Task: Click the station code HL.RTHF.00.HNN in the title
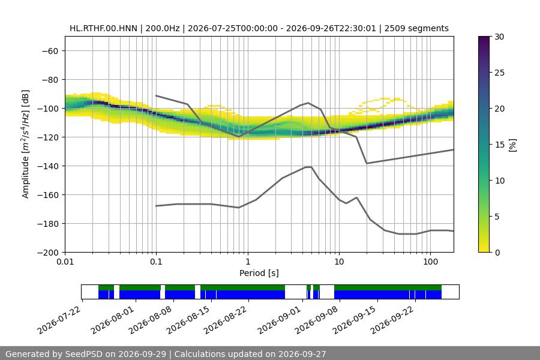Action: point(103,28)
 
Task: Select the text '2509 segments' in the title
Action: point(416,28)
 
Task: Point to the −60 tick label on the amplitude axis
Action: point(50,51)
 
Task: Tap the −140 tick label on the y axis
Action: point(48,166)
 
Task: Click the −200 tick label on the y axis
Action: point(48,253)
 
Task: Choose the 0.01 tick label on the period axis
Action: point(65,262)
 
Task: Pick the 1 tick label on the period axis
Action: point(248,262)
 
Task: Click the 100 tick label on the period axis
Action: point(430,262)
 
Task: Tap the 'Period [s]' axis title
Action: point(259,273)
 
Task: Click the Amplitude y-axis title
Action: point(25,144)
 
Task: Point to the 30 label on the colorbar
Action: point(499,37)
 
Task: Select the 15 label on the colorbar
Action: point(499,145)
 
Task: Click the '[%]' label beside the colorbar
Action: point(513,145)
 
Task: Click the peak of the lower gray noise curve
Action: point(308,167)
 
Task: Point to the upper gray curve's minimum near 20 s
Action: point(367,163)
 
